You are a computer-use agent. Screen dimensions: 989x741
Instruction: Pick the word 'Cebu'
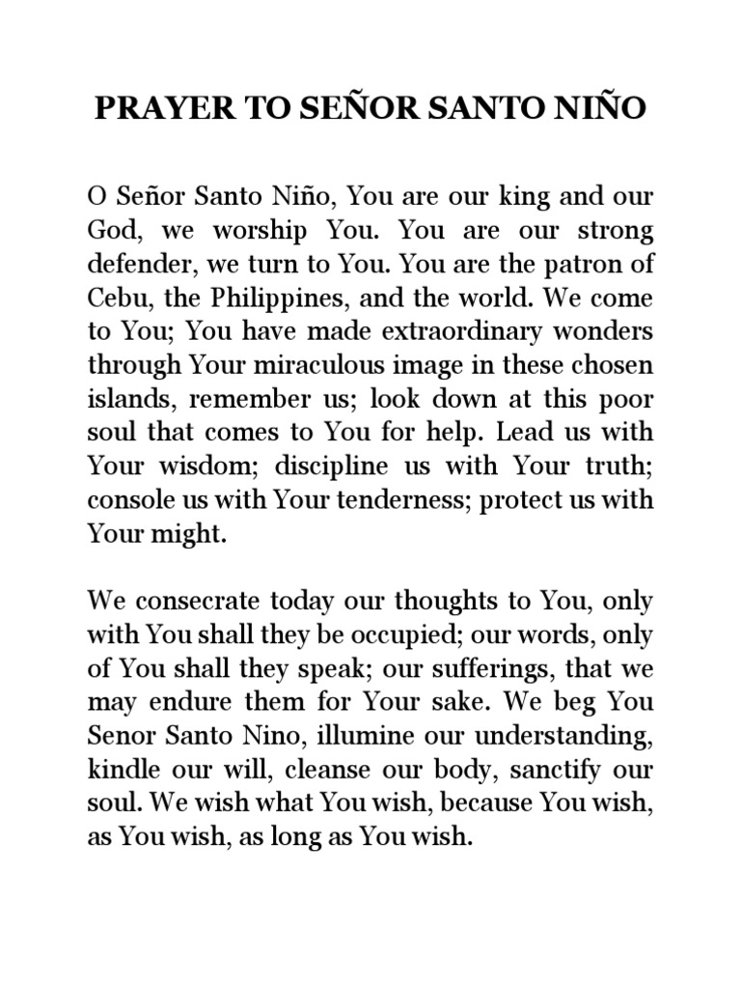[114, 298]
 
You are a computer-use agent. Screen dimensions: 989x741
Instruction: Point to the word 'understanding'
[568, 737]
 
